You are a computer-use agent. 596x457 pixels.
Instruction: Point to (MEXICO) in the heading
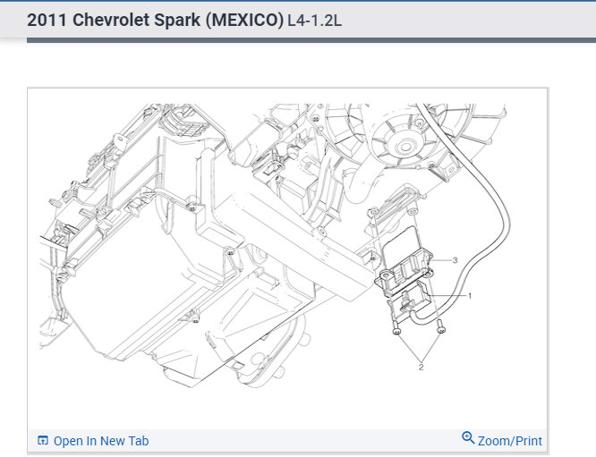pyautogui.click(x=245, y=21)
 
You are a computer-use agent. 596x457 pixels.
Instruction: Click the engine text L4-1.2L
pyautogui.click(x=315, y=21)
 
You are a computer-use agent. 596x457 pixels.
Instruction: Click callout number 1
pyautogui.click(x=470, y=295)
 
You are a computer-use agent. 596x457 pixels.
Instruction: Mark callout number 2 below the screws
pyautogui.click(x=421, y=368)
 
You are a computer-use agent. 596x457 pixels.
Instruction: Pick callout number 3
pyautogui.click(x=455, y=260)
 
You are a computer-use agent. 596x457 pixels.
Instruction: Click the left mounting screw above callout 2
pyautogui.click(x=396, y=327)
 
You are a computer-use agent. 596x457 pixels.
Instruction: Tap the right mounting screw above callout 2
pyautogui.click(x=441, y=326)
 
